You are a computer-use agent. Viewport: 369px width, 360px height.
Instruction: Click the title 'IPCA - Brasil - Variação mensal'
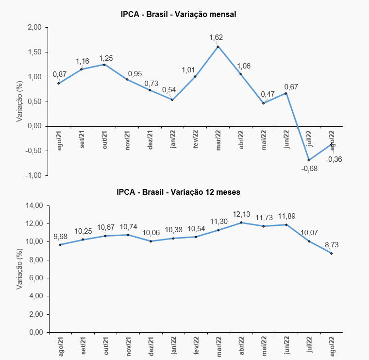pyautogui.click(x=178, y=14)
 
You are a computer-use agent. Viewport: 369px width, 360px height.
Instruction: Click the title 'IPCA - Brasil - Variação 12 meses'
pyautogui.click(x=178, y=192)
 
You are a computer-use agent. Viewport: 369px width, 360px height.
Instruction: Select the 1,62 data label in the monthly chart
pyautogui.click(x=216, y=37)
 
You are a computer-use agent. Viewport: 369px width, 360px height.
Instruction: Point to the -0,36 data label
pyautogui.click(x=334, y=159)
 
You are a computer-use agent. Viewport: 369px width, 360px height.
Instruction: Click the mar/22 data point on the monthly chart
pyautogui.click(x=218, y=47)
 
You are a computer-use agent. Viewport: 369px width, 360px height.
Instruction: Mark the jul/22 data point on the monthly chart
pyautogui.click(x=309, y=160)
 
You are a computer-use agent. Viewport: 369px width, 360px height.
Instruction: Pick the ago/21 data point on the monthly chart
pyautogui.click(x=59, y=83)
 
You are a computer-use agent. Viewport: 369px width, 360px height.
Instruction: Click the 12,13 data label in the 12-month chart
pyautogui.click(x=241, y=214)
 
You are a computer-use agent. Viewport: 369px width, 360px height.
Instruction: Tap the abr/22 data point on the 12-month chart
pyautogui.click(x=241, y=223)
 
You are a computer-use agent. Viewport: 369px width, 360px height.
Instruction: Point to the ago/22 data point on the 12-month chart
pyautogui.click(x=332, y=254)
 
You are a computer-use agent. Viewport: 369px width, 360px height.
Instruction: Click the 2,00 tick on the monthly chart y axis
pyautogui.click(x=35, y=28)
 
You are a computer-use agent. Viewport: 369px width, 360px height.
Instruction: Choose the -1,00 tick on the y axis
pyautogui.click(x=34, y=175)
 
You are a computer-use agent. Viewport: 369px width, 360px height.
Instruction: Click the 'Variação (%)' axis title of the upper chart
pyautogui.click(x=20, y=101)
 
